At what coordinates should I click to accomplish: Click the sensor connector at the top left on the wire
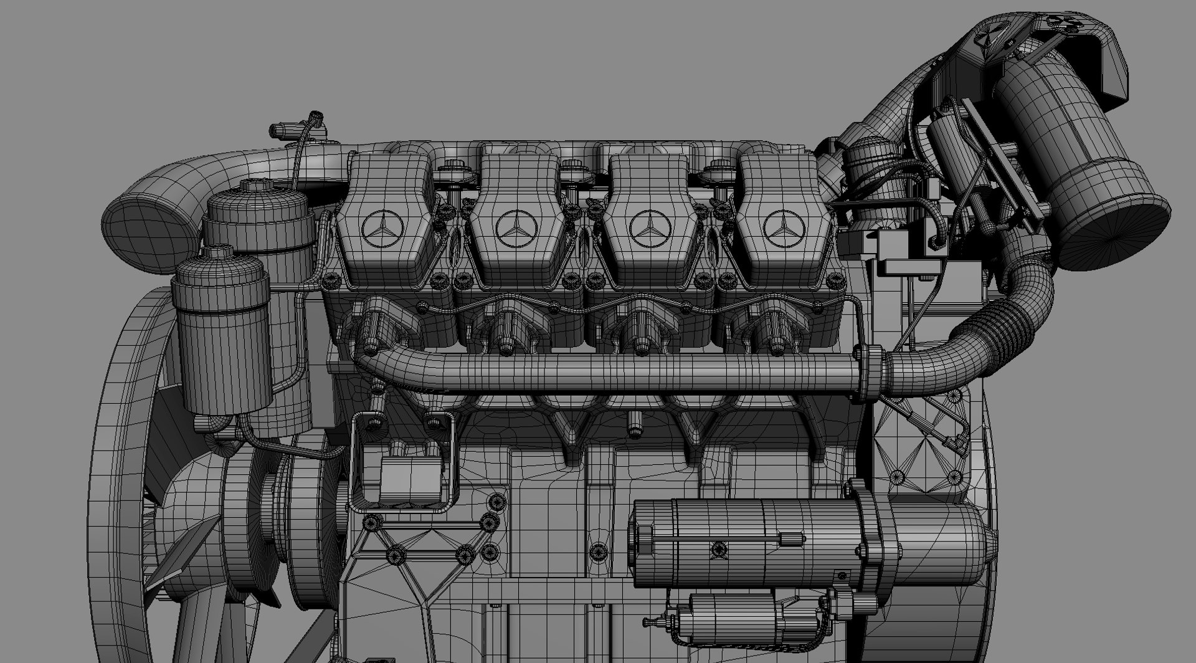tap(282, 131)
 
